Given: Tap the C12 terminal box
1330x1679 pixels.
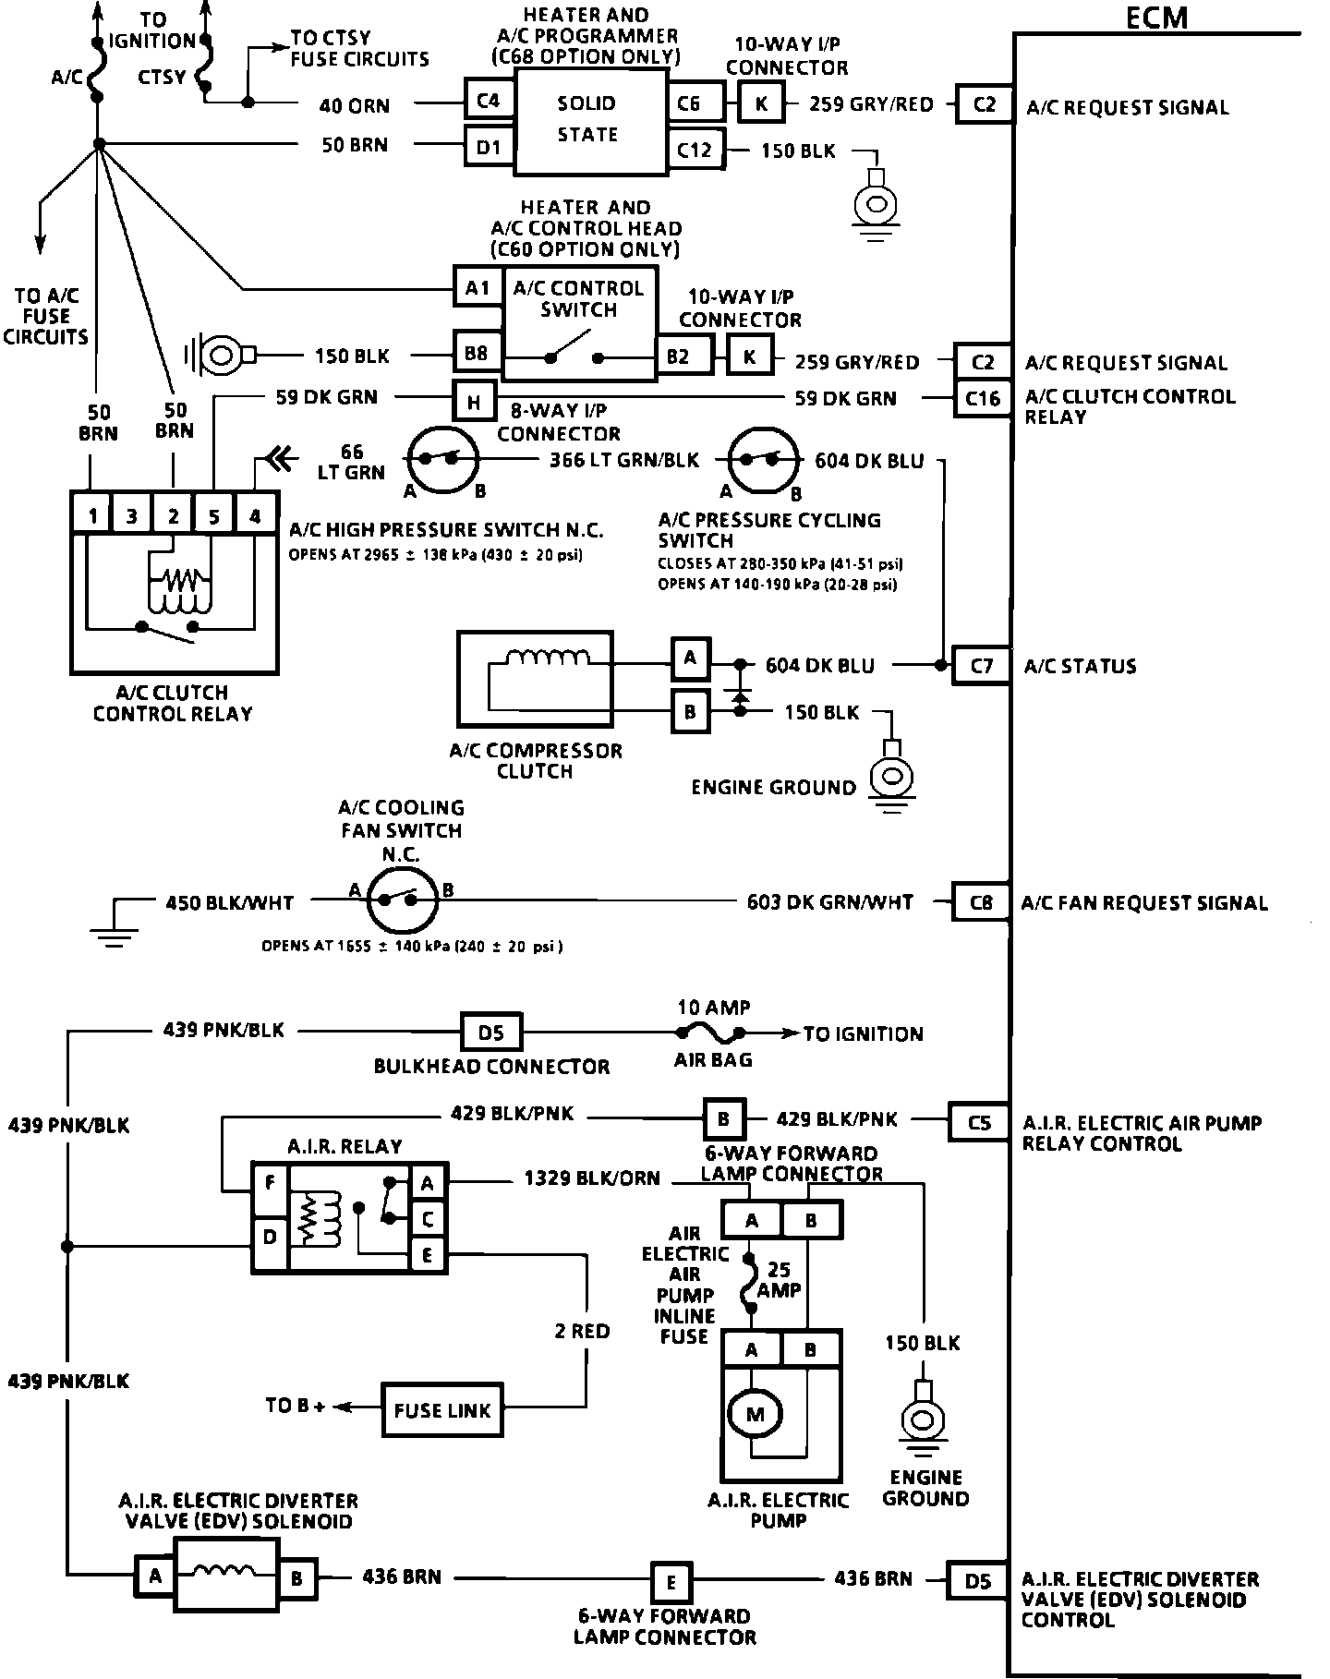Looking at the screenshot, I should (x=695, y=149).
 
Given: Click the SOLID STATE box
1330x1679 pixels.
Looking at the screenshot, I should (x=589, y=120).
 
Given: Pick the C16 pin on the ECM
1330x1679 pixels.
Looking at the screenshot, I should (x=982, y=399).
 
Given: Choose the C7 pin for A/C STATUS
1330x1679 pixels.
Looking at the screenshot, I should (x=981, y=665).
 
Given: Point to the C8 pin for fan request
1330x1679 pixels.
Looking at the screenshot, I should (x=980, y=902).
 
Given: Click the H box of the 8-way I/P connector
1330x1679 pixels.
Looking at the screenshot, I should (x=474, y=402).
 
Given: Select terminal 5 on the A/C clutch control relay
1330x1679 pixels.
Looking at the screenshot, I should (x=213, y=515).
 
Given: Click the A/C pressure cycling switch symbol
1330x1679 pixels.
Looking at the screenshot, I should (x=764, y=459).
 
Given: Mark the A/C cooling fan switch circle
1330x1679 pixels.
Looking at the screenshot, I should (x=402, y=898).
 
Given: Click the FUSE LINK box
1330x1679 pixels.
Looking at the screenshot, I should (x=442, y=1410).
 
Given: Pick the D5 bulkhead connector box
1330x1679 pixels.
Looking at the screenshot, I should (x=490, y=1033).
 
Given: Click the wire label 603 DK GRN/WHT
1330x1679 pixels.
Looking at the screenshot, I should (x=829, y=902).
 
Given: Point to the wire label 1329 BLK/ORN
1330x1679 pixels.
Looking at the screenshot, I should (x=592, y=1178).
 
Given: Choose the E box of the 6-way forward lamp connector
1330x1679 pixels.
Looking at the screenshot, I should (x=671, y=1581).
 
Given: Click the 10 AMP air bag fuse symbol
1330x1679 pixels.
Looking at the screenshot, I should (x=712, y=1033).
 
